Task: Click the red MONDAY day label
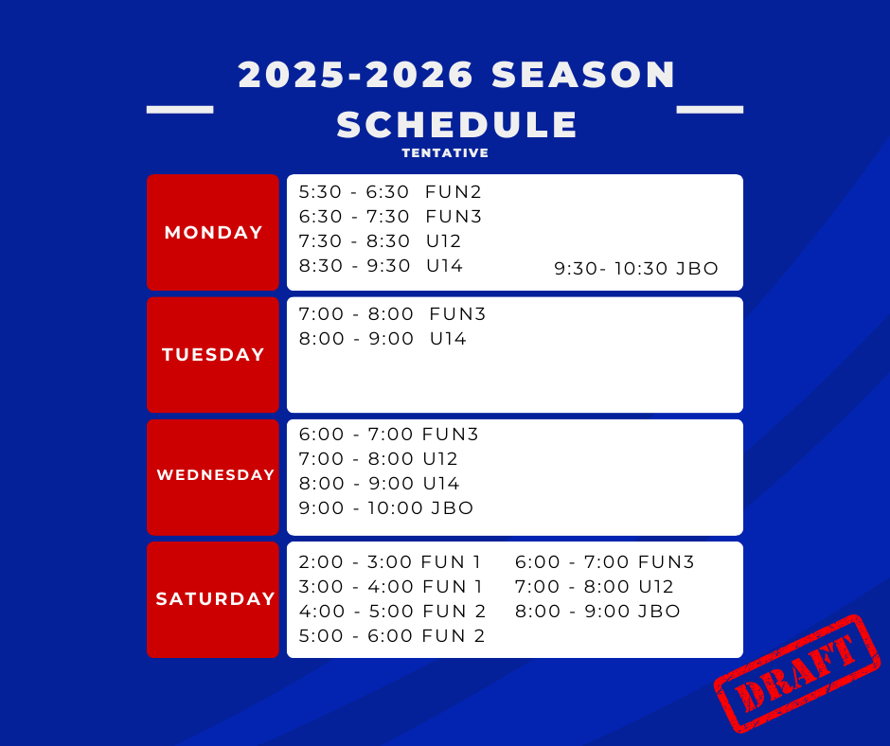pyautogui.click(x=213, y=232)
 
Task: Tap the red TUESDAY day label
pyautogui.click(x=213, y=354)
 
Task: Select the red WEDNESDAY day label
pyautogui.click(x=216, y=474)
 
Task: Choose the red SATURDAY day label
pyautogui.click(x=216, y=598)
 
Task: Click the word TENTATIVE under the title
pyautogui.click(x=445, y=152)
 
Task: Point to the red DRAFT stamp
pyautogui.click(x=797, y=673)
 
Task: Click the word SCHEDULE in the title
pyautogui.click(x=457, y=124)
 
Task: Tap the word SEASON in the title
pyautogui.click(x=583, y=75)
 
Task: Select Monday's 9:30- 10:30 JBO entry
pyautogui.click(x=636, y=268)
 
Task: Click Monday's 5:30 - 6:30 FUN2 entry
pyautogui.click(x=390, y=192)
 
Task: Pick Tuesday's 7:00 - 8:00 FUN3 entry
pyautogui.click(x=392, y=314)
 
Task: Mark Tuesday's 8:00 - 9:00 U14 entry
pyautogui.click(x=383, y=338)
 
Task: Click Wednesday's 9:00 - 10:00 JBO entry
pyautogui.click(x=386, y=507)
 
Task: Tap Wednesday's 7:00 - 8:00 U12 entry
pyautogui.click(x=378, y=458)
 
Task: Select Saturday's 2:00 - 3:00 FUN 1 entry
pyautogui.click(x=390, y=561)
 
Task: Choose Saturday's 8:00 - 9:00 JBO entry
pyautogui.click(x=597, y=611)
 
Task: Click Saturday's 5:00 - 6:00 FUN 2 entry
pyautogui.click(x=392, y=635)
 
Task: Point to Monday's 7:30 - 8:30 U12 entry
pyautogui.click(x=380, y=240)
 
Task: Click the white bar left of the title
pyautogui.click(x=180, y=110)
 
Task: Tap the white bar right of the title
pyautogui.click(x=709, y=110)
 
